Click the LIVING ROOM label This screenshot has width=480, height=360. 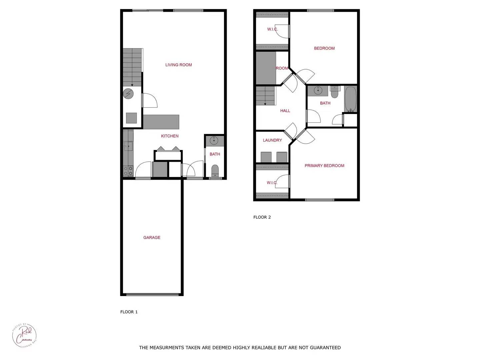pos(179,65)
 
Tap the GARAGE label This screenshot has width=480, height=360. pos(152,238)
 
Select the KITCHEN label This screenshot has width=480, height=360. pos(170,136)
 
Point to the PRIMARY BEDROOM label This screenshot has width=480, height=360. pos(324,166)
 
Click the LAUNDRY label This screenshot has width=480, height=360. pos(272,140)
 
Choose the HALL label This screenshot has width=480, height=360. pos(285,111)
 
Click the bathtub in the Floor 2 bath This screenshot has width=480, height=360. pos(351,99)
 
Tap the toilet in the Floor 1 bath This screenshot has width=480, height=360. pos(215,170)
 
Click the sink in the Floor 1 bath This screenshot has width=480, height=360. pos(214,141)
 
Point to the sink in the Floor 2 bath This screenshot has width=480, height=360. pos(318,90)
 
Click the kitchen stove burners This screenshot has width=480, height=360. pos(128,171)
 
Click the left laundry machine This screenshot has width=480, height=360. pos(266,157)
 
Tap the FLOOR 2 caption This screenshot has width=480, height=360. pos(262,217)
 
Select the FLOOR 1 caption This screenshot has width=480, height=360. pos(129,312)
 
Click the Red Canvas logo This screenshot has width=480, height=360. pos(24,335)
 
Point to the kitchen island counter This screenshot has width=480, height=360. pos(161,122)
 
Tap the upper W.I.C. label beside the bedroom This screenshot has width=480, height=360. pos(272,29)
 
